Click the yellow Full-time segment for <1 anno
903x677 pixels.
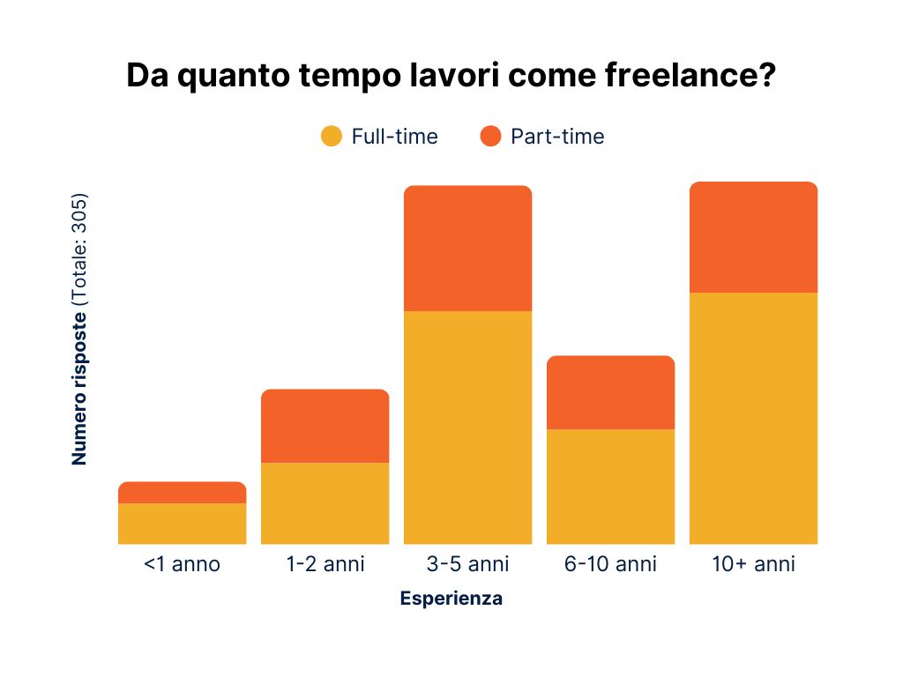click(182, 524)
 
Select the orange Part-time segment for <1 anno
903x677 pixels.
click(182, 493)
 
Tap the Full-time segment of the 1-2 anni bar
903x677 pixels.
click(325, 503)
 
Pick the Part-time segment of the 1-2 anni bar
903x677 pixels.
click(325, 426)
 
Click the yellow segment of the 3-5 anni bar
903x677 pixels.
click(467, 428)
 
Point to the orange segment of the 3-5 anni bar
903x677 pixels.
click(467, 249)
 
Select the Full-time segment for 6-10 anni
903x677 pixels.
click(610, 487)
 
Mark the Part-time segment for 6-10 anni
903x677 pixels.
click(610, 392)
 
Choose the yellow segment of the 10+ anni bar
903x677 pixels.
click(753, 418)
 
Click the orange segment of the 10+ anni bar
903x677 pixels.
click(753, 237)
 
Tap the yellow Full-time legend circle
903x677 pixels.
click(331, 137)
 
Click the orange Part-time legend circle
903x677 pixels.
click(490, 137)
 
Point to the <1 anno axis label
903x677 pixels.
click(182, 564)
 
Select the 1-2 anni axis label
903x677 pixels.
click(325, 564)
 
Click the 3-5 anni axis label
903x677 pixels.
click(467, 564)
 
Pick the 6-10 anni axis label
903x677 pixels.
click(610, 564)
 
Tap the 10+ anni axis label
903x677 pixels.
click(753, 564)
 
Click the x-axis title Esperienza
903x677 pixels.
click(451, 599)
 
